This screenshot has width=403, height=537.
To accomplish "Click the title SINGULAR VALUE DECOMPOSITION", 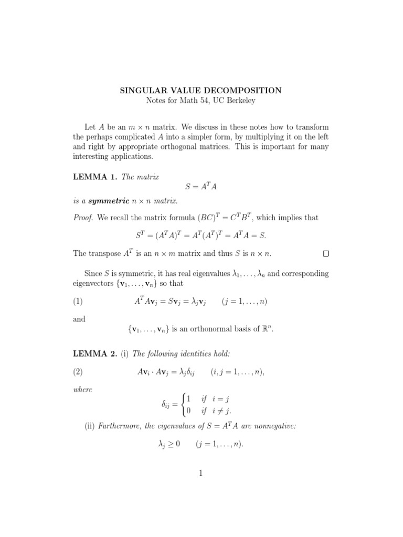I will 201,90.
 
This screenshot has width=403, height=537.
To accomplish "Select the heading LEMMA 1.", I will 95,177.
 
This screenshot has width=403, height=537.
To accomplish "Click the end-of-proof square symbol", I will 326,254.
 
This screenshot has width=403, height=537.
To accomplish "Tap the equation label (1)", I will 78,301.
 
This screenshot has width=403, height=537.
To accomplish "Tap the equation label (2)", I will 78,372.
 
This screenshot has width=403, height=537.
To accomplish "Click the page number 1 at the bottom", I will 200,473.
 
